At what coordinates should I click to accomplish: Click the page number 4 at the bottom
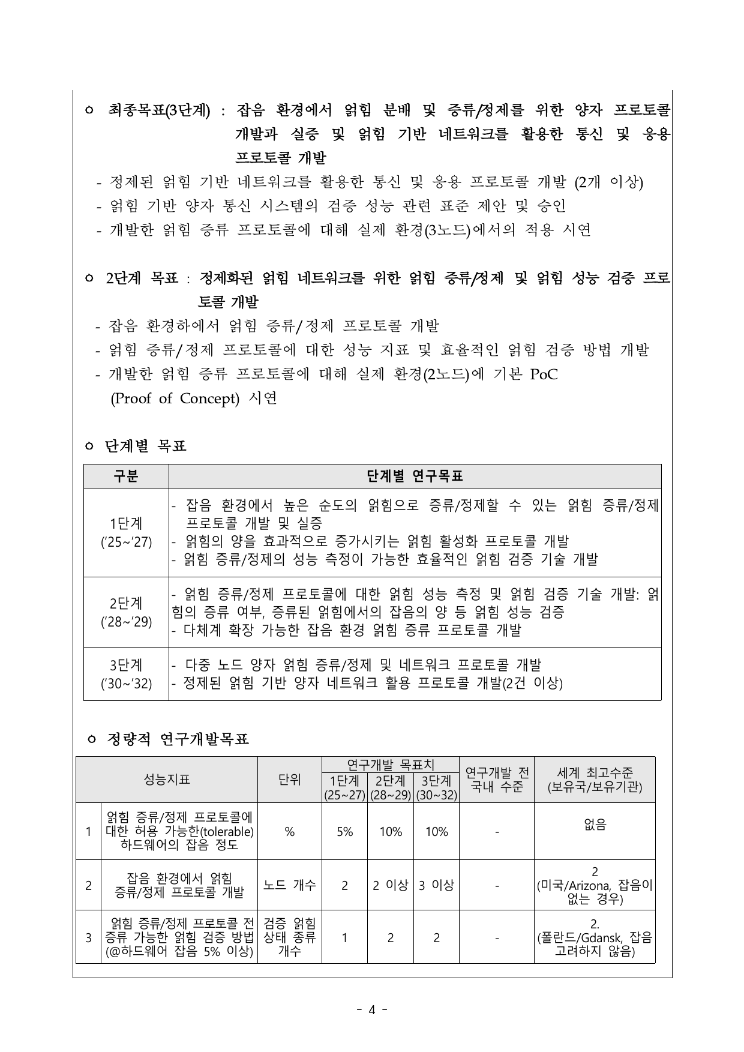point(371,1009)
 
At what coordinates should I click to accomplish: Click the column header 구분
point(126,476)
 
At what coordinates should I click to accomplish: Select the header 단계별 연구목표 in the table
point(415,476)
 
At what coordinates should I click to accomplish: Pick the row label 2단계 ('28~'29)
point(126,612)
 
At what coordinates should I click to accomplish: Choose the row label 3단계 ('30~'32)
point(126,674)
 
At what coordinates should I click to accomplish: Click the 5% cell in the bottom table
point(344,832)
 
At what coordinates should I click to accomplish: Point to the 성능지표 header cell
point(167,780)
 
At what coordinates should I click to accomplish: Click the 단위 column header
point(290,780)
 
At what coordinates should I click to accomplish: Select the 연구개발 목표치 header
point(391,765)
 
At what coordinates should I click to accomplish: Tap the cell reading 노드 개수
point(290,885)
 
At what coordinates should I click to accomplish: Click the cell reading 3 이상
point(436,885)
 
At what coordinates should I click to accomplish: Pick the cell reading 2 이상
point(391,885)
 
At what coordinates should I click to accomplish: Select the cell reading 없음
point(595,825)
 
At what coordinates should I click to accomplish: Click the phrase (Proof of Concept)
point(175,399)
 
